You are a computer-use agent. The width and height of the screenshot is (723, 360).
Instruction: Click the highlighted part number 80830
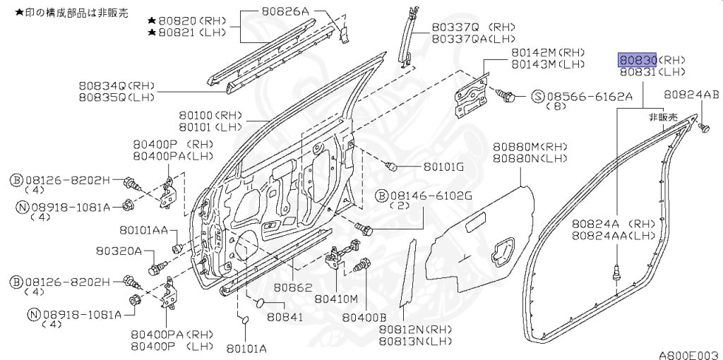click(638, 59)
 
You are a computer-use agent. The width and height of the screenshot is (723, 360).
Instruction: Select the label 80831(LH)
click(652, 72)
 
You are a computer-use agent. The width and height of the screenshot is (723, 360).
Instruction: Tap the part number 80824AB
click(691, 95)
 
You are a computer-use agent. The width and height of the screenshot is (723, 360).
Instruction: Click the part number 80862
click(293, 287)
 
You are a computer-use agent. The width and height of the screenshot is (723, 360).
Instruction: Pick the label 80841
click(285, 318)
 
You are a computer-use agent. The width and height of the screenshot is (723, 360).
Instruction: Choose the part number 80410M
click(337, 299)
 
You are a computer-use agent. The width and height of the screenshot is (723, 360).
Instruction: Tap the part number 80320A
click(118, 251)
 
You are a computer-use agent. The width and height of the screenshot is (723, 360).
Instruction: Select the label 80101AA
click(143, 229)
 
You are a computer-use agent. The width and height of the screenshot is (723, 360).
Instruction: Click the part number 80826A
click(285, 11)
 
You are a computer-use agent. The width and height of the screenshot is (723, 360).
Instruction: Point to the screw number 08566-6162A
click(590, 96)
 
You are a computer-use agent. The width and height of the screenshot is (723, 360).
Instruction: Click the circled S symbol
click(538, 96)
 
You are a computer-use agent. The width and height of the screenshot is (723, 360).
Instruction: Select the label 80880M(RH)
click(530, 147)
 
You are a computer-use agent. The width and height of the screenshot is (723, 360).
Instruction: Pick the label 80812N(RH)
click(415, 330)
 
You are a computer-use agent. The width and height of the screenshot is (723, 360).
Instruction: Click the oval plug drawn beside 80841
click(260, 303)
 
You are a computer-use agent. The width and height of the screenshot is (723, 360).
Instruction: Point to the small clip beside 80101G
click(391, 166)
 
